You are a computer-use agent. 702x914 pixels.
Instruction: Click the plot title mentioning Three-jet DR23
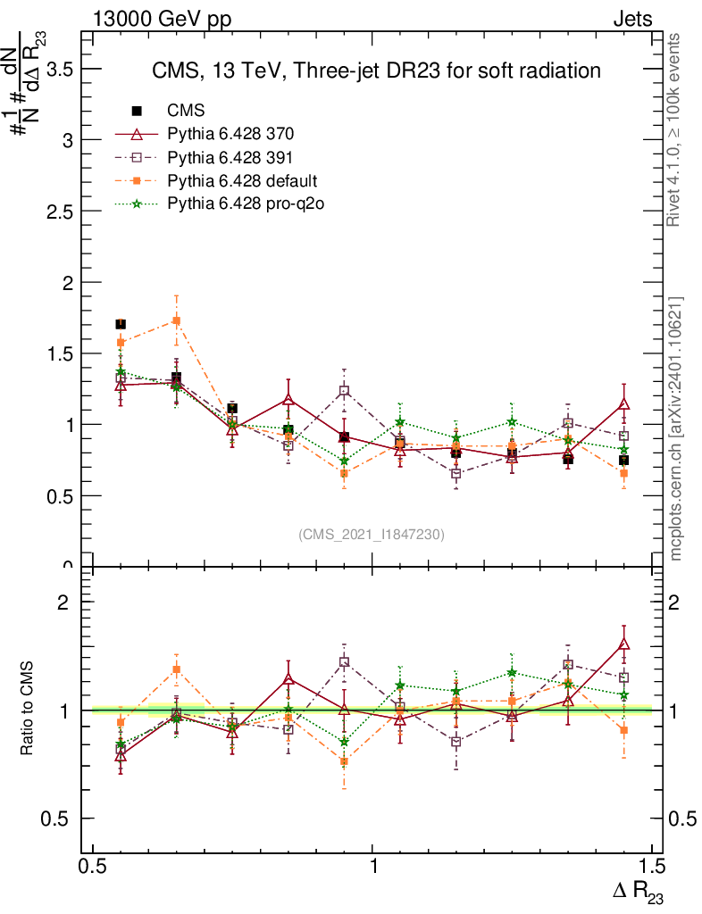(x=375, y=71)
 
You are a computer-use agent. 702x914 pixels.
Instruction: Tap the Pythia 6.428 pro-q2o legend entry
(x=241, y=204)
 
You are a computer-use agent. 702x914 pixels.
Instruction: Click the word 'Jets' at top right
(x=631, y=20)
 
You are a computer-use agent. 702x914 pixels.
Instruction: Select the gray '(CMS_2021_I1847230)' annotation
(x=371, y=534)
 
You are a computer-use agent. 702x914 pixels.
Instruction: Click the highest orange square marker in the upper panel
(x=177, y=320)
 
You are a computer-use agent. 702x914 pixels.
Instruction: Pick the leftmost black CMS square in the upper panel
(x=121, y=324)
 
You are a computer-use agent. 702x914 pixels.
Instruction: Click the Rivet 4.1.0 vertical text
(x=676, y=130)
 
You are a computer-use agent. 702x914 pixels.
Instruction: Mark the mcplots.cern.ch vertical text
(x=676, y=428)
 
